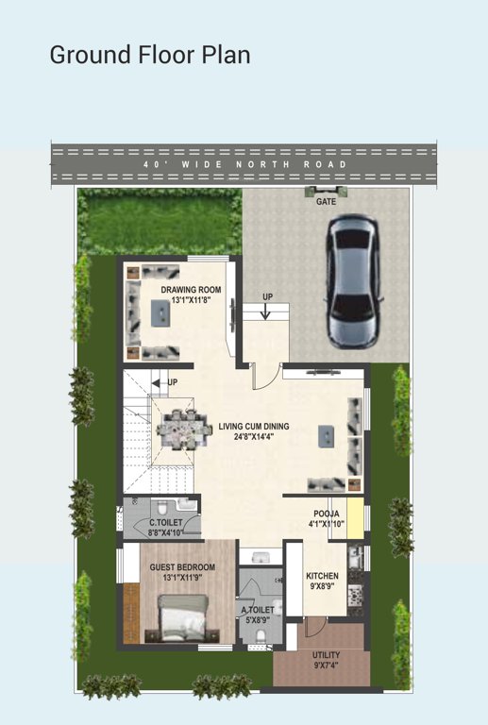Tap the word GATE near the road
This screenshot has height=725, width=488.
click(x=327, y=201)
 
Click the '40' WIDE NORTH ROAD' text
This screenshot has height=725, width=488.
click(x=244, y=164)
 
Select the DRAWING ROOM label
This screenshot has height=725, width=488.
click(x=191, y=290)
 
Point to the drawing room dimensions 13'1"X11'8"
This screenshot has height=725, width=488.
click(x=191, y=300)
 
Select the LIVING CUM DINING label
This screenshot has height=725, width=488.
click(x=254, y=427)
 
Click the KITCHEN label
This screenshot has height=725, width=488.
click(x=322, y=576)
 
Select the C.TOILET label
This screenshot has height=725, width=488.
click(x=165, y=522)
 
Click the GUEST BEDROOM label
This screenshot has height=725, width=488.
click(x=182, y=567)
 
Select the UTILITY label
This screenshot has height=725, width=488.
click(x=327, y=654)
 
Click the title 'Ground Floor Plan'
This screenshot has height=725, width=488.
click(x=150, y=55)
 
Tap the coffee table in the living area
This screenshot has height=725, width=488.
click(x=327, y=433)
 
